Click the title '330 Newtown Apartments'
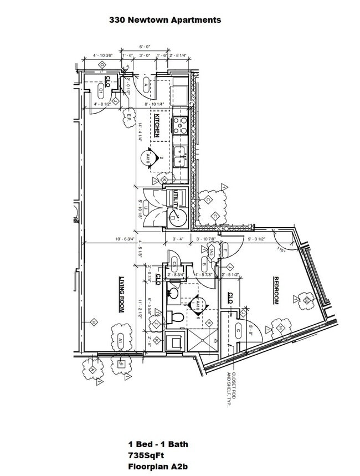point(165,20)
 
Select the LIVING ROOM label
point(121,295)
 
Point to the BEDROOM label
point(275,291)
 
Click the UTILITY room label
point(177,199)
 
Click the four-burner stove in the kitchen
point(181,125)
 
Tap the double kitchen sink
point(181,156)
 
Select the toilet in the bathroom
point(177,318)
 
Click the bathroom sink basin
point(173,291)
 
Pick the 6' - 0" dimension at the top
point(145,47)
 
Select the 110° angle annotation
point(281,250)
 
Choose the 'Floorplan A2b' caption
point(158,467)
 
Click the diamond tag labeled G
point(102,65)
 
